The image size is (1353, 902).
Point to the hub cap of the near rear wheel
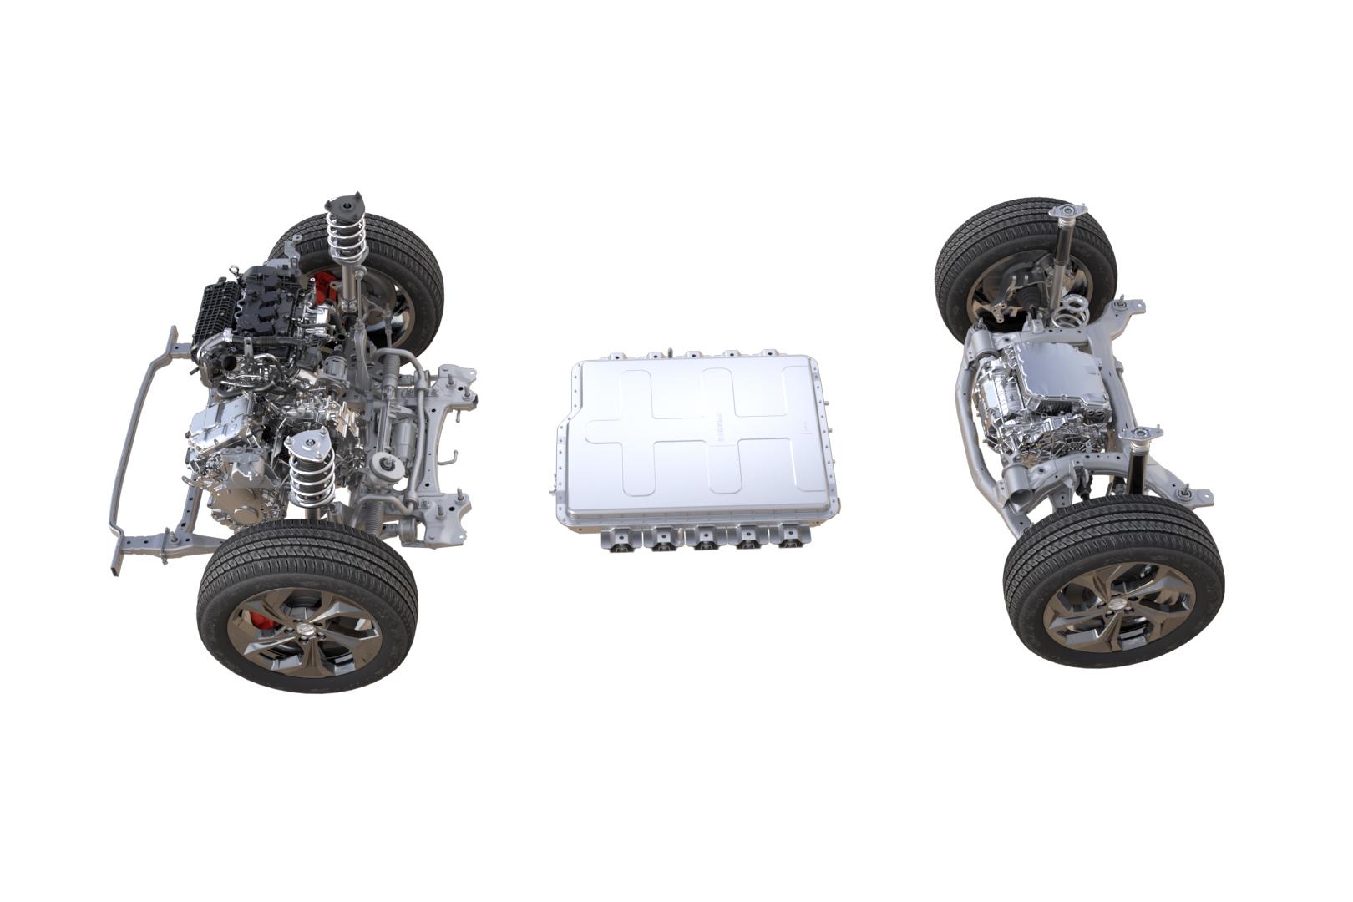click(1118, 604)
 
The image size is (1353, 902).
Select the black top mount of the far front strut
click(346, 205)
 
